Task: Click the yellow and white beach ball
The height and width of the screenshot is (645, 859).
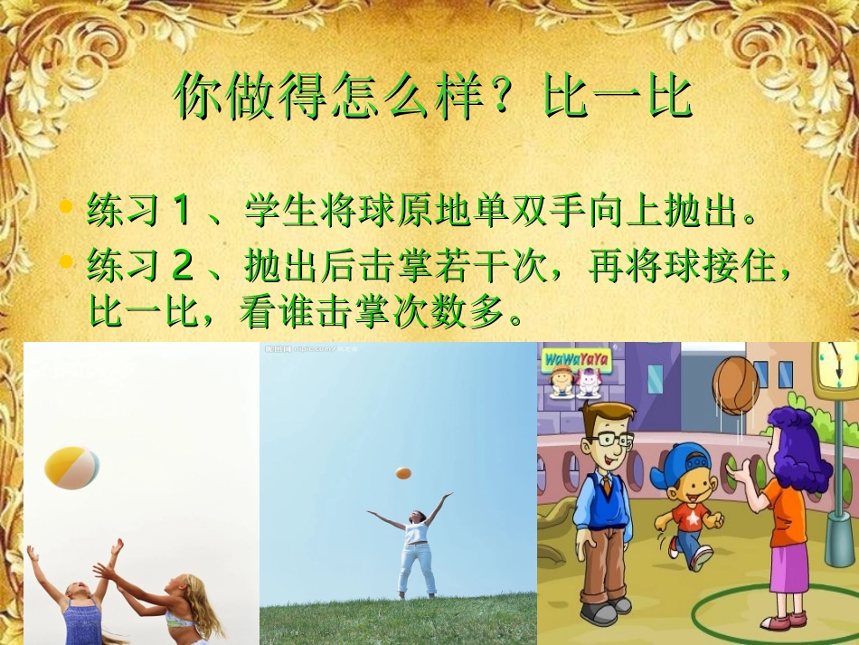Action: click(71, 467)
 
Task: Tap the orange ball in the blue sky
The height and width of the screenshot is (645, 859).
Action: click(403, 473)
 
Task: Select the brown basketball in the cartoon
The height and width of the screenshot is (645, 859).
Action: click(735, 384)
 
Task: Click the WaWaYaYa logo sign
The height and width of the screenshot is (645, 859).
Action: click(576, 361)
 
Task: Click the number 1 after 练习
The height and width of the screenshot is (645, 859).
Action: click(181, 212)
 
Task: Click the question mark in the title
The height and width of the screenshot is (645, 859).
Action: click(519, 96)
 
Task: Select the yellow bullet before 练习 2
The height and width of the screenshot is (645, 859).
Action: click(66, 262)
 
